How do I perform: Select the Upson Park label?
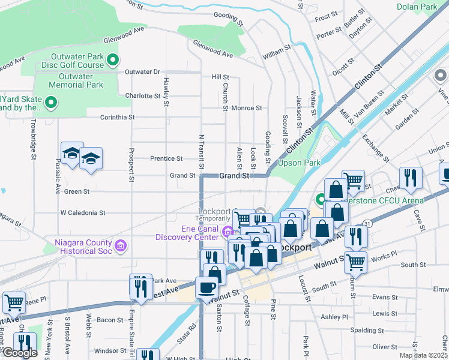coord(299,163)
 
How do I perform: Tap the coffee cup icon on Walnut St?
coord(206,287)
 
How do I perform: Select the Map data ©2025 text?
coord(423,355)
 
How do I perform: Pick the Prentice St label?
coord(166,159)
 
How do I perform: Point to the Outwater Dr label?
coord(142,72)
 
